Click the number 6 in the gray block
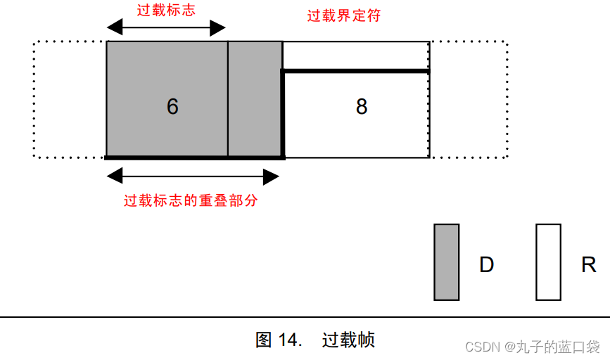pyautogui.click(x=172, y=106)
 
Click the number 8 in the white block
pyautogui.click(x=361, y=106)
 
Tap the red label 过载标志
pyautogui.click(x=165, y=10)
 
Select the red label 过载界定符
pyautogui.click(x=344, y=15)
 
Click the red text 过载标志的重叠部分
pyautogui.click(x=191, y=200)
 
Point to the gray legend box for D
pyautogui.click(x=446, y=262)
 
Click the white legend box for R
pyautogui.click(x=548, y=262)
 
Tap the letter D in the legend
pyautogui.click(x=486, y=264)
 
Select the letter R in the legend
pyautogui.click(x=588, y=264)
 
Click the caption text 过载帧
pyautogui.click(x=348, y=340)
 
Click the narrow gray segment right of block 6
pyautogui.click(x=255, y=98)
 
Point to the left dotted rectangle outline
pyautogui.click(x=70, y=99)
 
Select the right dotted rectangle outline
pyautogui.click(x=468, y=99)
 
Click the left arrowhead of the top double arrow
pyautogui.click(x=113, y=28)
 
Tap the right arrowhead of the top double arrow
pyautogui.click(x=219, y=28)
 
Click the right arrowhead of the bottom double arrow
pyautogui.click(x=272, y=176)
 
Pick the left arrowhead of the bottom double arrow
pyautogui.click(x=113, y=176)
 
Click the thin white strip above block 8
pyautogui.click(x=355, y=56)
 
